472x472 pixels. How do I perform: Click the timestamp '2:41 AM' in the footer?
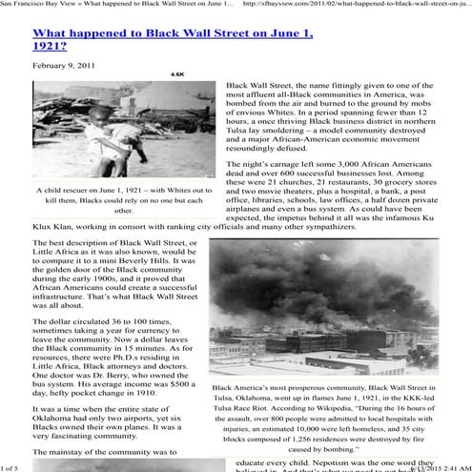coord(447,467)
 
